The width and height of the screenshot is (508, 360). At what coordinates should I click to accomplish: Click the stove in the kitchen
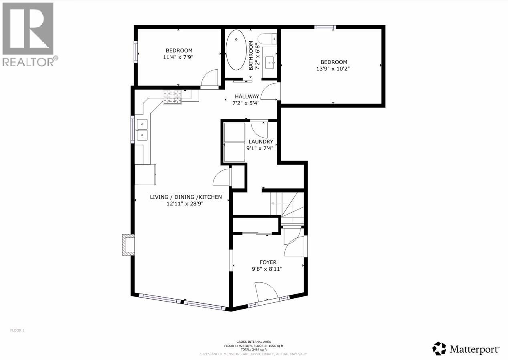point(172,97)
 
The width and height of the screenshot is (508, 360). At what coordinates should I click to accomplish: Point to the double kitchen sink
point(142,130)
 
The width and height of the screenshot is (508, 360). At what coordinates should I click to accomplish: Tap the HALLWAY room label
point(247,97)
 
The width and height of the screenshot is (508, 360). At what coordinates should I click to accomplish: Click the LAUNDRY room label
point(261,142)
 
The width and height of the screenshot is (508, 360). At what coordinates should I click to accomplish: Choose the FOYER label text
point(268,262)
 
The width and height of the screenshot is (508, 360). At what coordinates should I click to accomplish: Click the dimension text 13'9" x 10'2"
point(334,68)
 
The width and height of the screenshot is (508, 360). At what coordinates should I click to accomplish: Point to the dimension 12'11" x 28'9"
point(185,203)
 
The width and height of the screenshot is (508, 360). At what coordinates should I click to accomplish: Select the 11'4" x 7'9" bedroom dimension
point(179,57)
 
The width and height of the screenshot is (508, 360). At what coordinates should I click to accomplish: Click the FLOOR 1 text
point(17,330)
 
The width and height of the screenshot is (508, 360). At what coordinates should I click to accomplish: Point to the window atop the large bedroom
point(325,27)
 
